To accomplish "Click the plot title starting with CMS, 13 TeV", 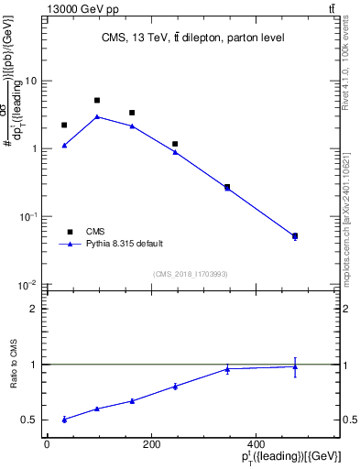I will [192, 38].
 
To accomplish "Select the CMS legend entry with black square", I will [95, 232].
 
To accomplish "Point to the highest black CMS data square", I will [97, 100].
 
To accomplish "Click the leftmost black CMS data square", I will [64, 125].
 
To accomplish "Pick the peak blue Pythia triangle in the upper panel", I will [97, 116].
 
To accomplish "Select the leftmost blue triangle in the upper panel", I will [64, 145].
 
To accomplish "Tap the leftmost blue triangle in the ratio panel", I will [64, 419].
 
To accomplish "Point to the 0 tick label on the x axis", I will [47, 445].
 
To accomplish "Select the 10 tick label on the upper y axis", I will [29, 82].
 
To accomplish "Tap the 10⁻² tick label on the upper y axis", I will [27, 285].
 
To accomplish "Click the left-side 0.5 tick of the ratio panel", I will [30, 420].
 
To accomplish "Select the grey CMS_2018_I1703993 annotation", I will [191, 273].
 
